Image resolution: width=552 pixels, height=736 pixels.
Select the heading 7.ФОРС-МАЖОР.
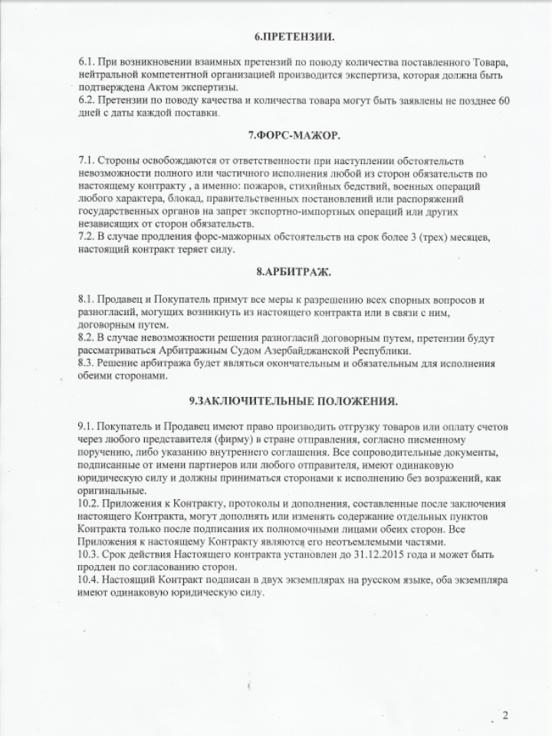[294, 136]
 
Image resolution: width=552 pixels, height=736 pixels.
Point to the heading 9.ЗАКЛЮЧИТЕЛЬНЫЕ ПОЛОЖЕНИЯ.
[294, 401]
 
